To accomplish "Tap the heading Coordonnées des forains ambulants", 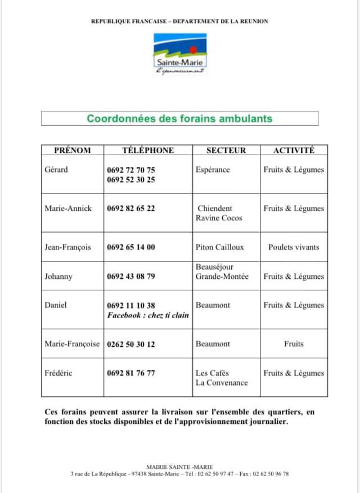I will (x=179, y=119).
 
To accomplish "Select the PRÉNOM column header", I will (x=72, y=150).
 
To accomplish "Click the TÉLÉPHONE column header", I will (x=148, y=150).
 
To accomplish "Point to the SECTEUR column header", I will (x=226, y=150).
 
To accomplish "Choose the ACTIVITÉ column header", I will (x=294, y=150).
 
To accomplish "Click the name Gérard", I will (x=56, y=170).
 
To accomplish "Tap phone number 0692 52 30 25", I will (x=131, y=180).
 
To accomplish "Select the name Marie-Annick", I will (x=68, y=208).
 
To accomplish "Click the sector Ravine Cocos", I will (x=219, y=218).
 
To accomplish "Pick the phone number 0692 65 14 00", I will (x=131, y=247).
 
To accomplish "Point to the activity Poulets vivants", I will (x=294, y=247).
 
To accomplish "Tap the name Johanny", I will (x=58, y=277).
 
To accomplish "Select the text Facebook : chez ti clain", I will (x=148, y=315).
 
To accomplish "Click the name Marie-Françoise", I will (x=72, y=344).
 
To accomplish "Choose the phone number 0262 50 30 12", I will (x=131, y=344).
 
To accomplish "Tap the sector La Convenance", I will (x=222, y=383).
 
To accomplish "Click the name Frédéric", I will (x=58, y=373).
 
